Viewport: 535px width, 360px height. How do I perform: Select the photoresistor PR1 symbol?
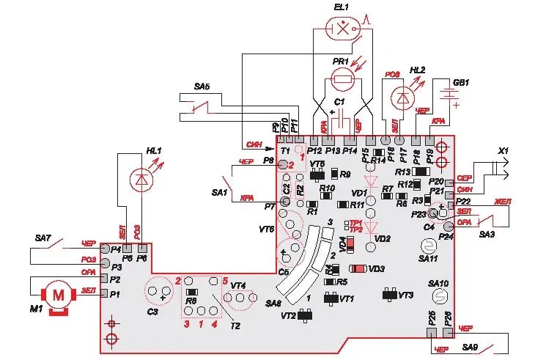tap(341, 78)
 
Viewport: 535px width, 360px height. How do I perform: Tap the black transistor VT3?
tap(389, 294)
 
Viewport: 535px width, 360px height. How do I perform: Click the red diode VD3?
tap(358, 269)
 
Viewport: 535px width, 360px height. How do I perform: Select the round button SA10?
tap(440, 295)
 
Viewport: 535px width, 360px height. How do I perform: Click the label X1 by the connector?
tap(503, 150)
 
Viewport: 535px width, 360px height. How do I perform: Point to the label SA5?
tap(202, 87)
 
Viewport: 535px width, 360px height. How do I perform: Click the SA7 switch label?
tap(44, 238)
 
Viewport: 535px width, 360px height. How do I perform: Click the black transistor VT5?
tap(318, 175)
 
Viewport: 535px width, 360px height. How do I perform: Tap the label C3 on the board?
tap(152, 312)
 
